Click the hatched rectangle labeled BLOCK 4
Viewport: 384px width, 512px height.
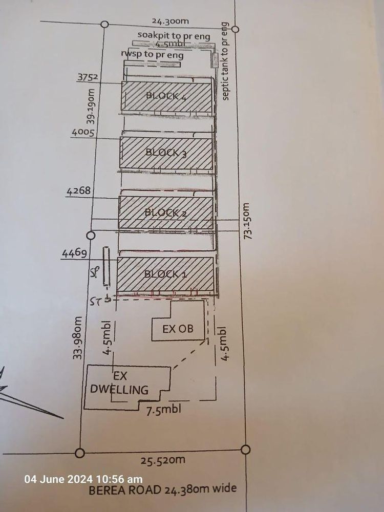(x=166, y=96)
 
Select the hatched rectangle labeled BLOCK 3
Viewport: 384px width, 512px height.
(x=166, y=153)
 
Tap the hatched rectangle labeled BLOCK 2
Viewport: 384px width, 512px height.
(x=166, y=212)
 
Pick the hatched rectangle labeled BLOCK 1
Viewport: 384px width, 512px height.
(x=165, y=274)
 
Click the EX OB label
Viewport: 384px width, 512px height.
(x=178, y=329)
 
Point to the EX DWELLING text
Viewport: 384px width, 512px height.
(x=119, y=382)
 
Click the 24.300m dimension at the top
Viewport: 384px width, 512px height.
(x=170, y=21)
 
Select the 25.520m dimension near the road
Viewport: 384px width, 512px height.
(x=163, y=460)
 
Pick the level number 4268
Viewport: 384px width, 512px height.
(x=78, y=191)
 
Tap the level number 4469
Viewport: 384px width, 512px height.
(x=74, y=252)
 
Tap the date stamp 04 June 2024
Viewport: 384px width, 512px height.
(x=83, y=480)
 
